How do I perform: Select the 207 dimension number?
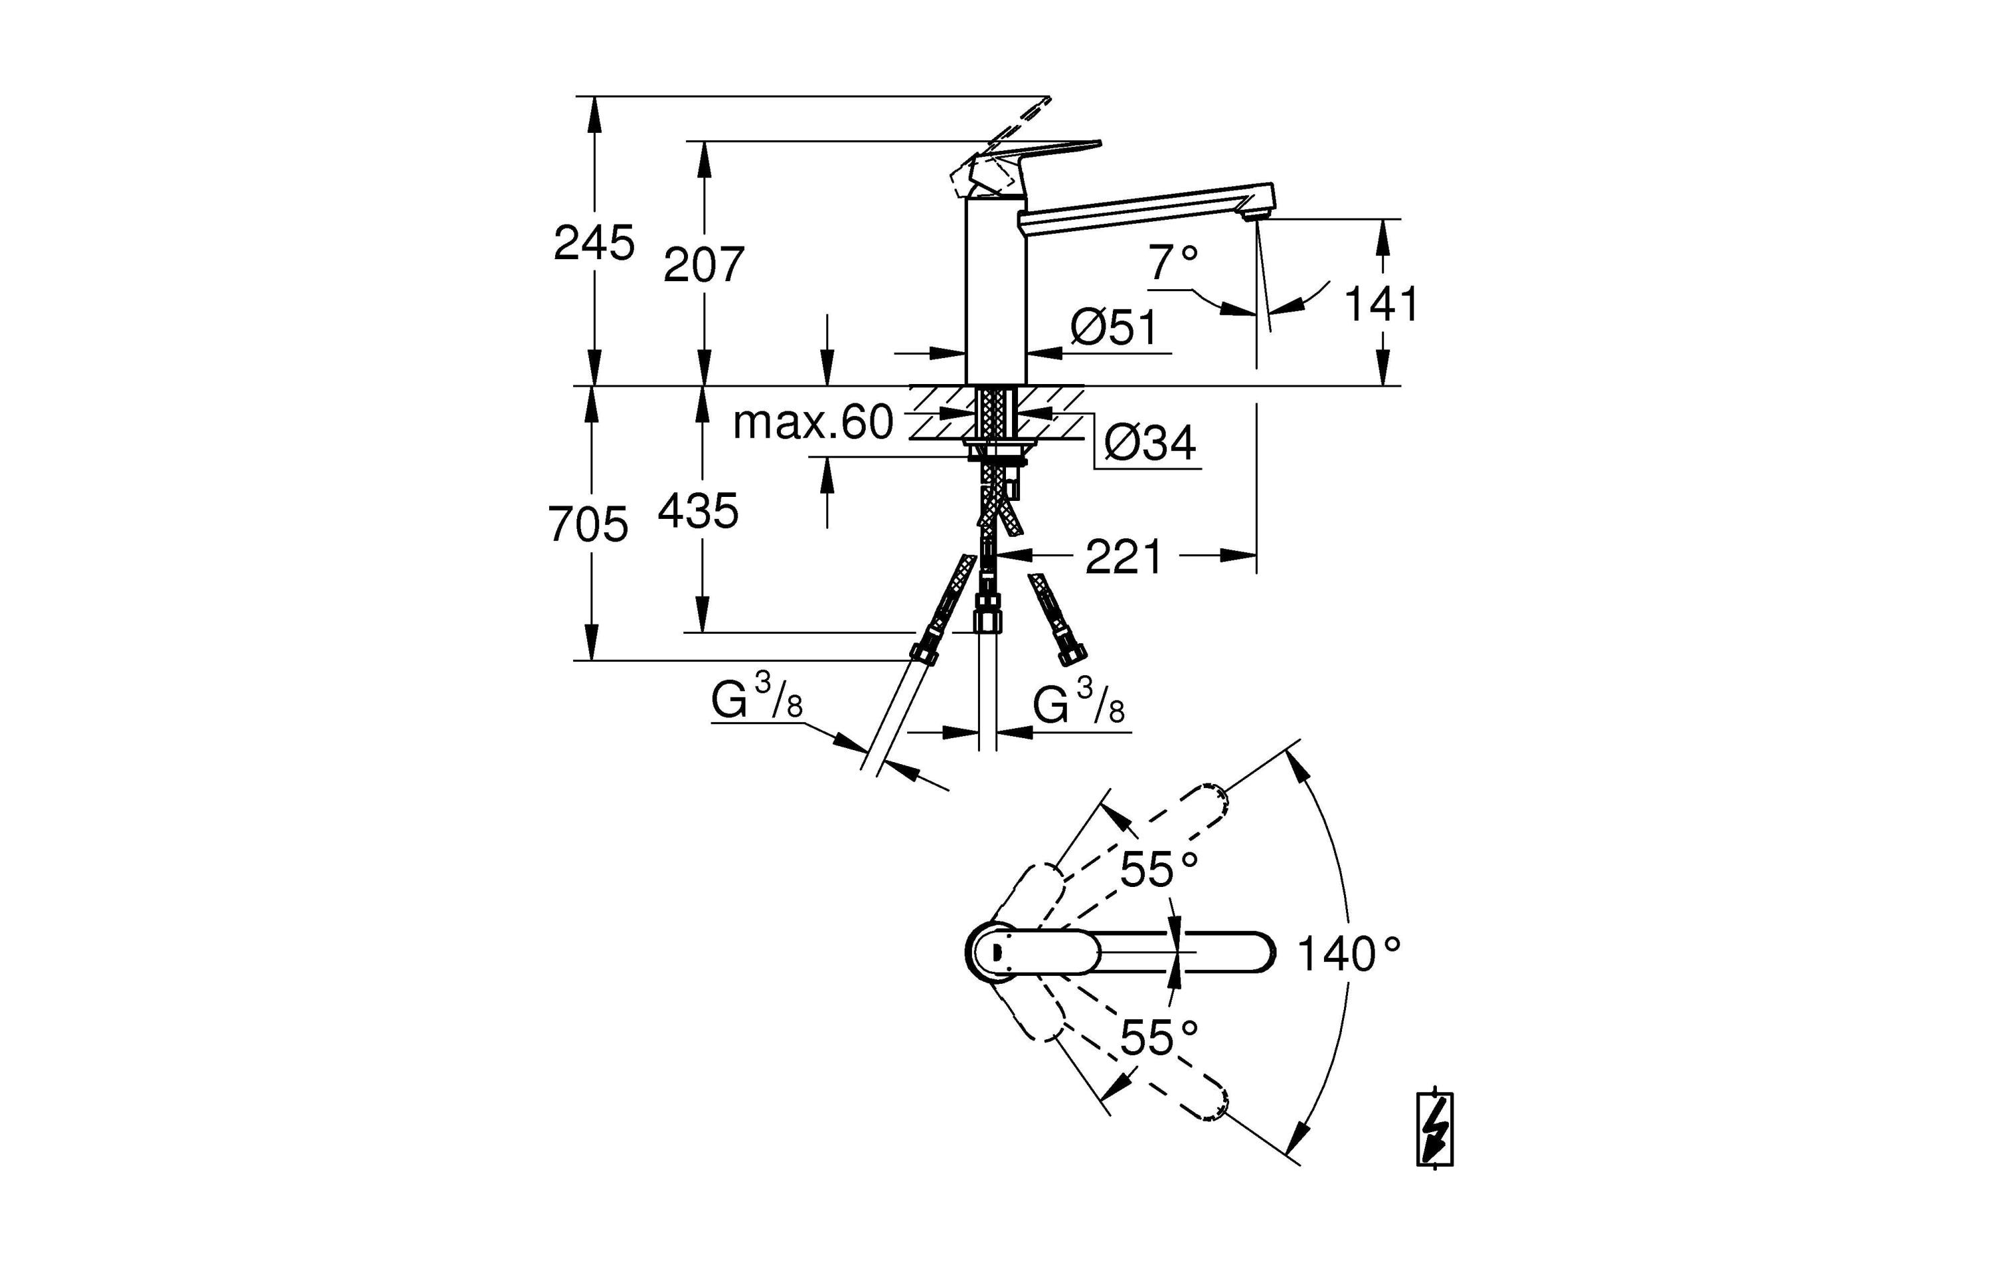click(703, 264)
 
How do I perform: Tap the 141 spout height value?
click(1381, 304)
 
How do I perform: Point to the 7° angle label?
click(1174, 263)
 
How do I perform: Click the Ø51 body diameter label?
click(1114, 327)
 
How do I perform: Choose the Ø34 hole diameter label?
click(1150, 443)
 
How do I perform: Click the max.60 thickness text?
click(812, 423)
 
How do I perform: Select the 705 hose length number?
click(588, 525)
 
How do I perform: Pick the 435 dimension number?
click(697, 511)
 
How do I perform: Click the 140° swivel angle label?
click(1348, 954)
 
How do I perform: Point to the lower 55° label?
click(1158, 1037)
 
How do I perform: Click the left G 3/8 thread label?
click(756, 699)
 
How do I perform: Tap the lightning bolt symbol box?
click(1435, 1129)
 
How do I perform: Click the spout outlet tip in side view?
click(1252, 216)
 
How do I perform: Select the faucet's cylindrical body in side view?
click(995, 291)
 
